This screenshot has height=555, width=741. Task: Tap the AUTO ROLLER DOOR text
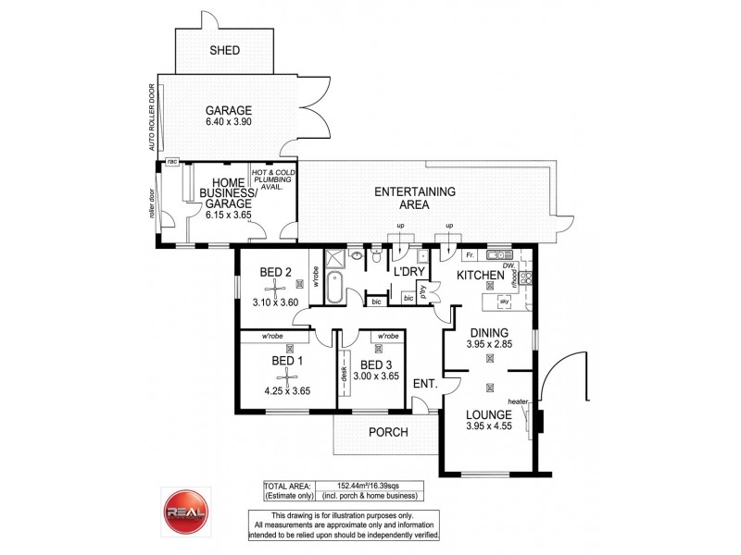(x=149, y=117)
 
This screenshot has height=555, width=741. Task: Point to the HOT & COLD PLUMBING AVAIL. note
(x=273, y=178)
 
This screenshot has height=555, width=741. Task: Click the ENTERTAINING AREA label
(x=414, y=198)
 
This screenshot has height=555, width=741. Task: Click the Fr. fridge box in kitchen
(x=471, y=254)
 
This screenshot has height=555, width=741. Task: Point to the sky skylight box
(x=504, y=302)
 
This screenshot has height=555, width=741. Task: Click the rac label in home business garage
(x=172, y=162)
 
